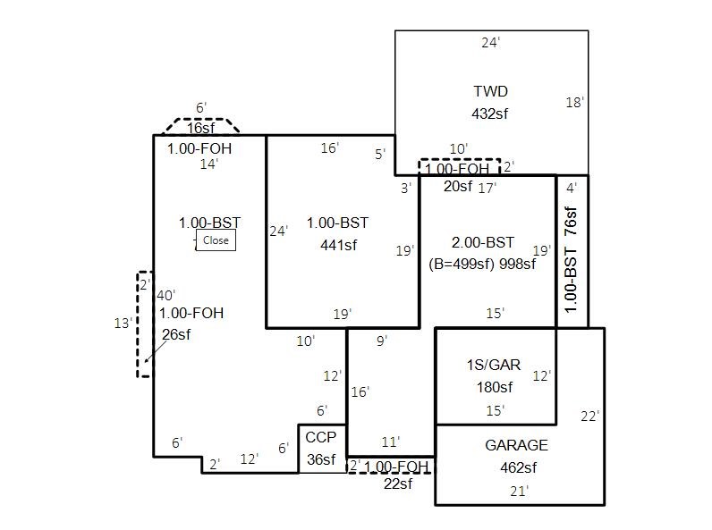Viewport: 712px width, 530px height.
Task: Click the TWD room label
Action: pos(490,91)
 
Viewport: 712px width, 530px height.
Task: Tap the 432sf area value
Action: pos(490,114)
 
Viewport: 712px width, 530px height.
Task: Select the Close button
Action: pos(216,240)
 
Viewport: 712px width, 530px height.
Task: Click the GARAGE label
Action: pos(516,445)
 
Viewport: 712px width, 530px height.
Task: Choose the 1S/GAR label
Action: pos(494,365)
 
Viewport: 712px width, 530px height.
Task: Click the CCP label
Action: pos(320,437)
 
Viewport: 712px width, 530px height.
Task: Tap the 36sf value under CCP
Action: pos(321,459)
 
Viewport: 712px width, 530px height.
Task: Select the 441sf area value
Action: pos(338,245)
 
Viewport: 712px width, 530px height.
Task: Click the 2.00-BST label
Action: pos(483,242)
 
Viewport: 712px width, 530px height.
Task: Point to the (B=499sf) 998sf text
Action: pos(482,264)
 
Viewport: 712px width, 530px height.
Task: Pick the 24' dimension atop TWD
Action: pos(490,42)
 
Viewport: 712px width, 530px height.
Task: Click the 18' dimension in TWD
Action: pos(574,103)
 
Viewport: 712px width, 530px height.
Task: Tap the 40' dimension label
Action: pos(166,295)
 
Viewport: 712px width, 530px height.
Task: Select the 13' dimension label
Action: pos(123,324)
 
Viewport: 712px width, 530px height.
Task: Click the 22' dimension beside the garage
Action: pos(589,416)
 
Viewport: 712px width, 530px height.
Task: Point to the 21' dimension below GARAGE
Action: pos(519,490)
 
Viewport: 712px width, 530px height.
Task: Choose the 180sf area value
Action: pos(495,387)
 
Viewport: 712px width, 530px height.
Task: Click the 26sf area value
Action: pos(176,334)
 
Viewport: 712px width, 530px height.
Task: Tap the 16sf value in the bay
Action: pos(200,128)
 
